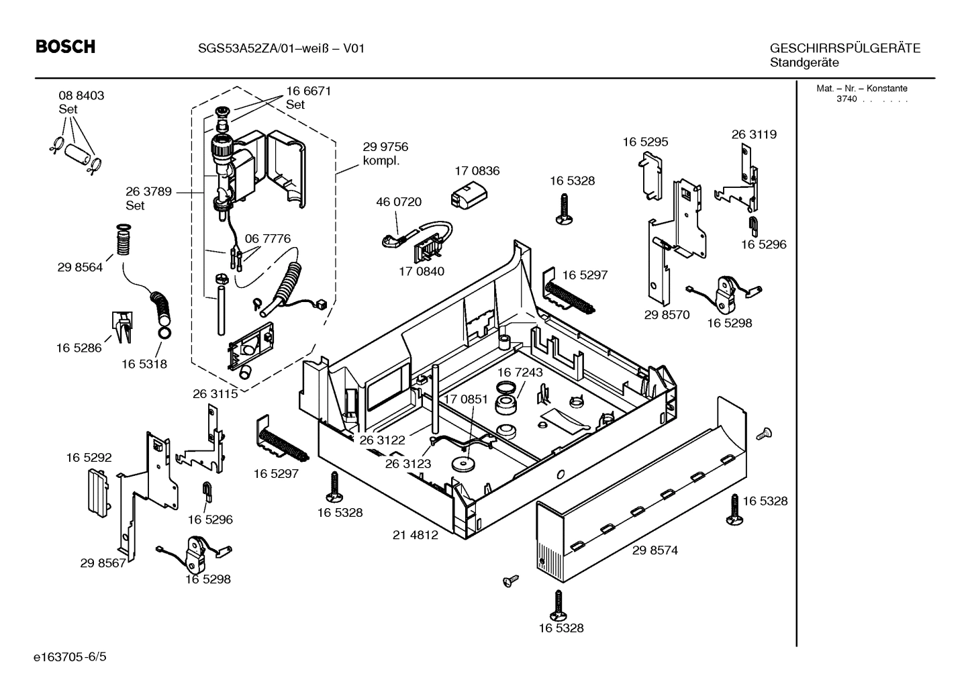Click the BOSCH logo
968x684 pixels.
(x=65, y=47)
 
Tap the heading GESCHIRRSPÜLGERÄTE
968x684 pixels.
(x=844, y=48)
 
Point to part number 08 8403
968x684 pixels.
(x=81, y=96)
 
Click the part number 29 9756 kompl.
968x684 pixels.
(x=385, y=147)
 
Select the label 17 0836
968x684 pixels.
(x=477, y=171)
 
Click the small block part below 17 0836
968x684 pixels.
(x=466, y=196)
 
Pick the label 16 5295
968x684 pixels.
(x=645, y=142)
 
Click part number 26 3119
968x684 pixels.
(x=753, y=134)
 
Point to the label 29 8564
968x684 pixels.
(x=80, y=267)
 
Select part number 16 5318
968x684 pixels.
(x=144, y=364)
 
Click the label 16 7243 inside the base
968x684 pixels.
(x=520, y=372)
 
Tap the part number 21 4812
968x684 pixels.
(x=415, y=535)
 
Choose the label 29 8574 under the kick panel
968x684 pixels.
(x=655, y=550)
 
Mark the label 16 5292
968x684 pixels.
(x=89, y=458)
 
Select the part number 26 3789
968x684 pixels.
(x=148, y=192)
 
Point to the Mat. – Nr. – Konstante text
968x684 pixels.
(x=861, y=89)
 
